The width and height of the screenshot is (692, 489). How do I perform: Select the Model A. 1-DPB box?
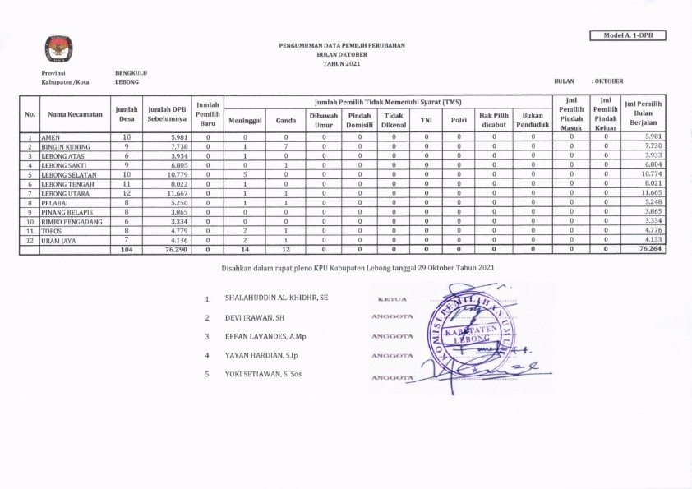click(627, 35)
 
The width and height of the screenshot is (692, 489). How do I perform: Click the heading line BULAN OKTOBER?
click(342, 53)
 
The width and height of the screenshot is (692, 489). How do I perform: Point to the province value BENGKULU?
click(131, 73)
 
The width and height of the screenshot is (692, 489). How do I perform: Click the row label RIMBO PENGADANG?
click(74, 222)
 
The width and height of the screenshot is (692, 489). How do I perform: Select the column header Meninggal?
click(245, 120)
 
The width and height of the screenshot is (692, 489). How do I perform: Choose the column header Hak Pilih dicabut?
click(494, 120)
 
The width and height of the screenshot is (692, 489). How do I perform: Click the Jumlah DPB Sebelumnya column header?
click(166, 114)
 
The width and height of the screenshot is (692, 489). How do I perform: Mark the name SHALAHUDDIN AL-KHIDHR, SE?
click(276, 297)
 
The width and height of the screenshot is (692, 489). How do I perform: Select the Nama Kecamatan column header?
click(75, 114)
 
